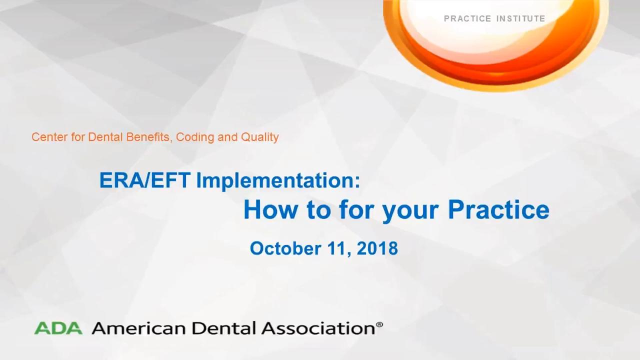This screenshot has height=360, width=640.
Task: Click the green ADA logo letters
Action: coord(58,328)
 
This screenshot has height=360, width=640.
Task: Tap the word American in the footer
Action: coord(138,328)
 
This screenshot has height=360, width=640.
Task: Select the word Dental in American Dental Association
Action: coord(223,328)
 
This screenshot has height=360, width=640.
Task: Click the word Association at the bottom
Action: coord(318,328)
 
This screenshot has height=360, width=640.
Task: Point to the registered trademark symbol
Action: coord(379,324)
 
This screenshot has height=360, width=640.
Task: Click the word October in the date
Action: coord(285,248)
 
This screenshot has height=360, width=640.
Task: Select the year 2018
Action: coord(377,248)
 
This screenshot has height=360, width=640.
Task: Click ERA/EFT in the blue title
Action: coord(145,180)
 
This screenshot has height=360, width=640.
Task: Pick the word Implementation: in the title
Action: coord(278,180)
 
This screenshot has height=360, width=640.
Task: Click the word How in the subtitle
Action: coord(270,210)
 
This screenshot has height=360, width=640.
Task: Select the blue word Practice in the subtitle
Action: coord(498,210)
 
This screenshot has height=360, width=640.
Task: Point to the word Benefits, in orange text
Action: coord(149,137)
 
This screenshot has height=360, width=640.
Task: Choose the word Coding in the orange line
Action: coord(195,137)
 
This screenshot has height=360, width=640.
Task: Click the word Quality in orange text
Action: coord(259,137)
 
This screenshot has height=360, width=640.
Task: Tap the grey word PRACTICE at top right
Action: coord(467,18)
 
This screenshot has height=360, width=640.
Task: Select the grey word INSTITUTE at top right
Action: coord(521,18)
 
